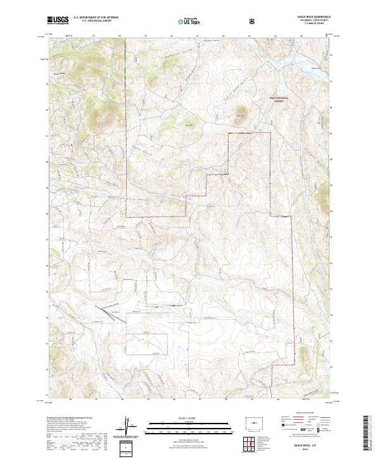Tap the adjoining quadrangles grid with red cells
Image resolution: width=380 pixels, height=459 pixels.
[252, 443]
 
